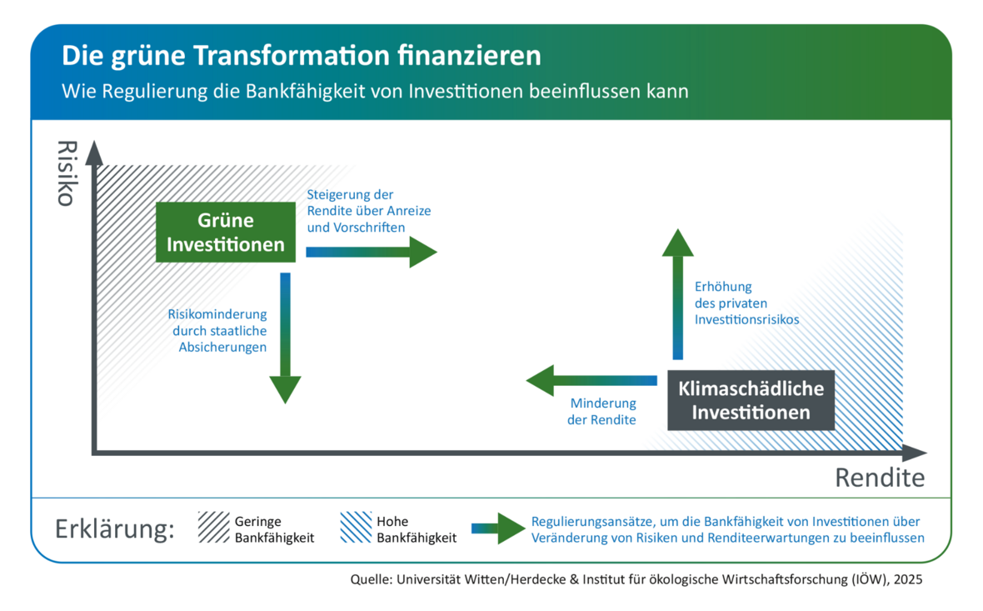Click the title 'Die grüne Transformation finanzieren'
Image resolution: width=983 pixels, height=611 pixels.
[301, 57]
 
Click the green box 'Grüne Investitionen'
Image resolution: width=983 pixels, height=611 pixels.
[226, 233]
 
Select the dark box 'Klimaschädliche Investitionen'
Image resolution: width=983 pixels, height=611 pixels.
[751, 400]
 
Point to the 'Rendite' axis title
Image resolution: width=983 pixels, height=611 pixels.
[880, 478]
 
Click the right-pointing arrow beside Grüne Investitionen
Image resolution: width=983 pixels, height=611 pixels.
[371, 252]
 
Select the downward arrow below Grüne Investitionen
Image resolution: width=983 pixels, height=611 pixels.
[285, 338]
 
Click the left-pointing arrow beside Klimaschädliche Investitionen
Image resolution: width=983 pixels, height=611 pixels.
[591, 381]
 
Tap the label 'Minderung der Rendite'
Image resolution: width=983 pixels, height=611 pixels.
[601, 412]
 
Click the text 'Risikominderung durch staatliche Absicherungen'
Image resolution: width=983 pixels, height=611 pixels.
[217, 330]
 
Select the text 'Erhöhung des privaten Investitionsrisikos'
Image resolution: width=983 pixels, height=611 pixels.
[746, 303]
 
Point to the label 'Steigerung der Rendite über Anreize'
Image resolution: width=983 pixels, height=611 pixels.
[368, 210]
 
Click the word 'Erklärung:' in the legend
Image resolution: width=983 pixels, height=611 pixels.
[115, 530]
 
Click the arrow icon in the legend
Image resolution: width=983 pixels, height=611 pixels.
[498, 528]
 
